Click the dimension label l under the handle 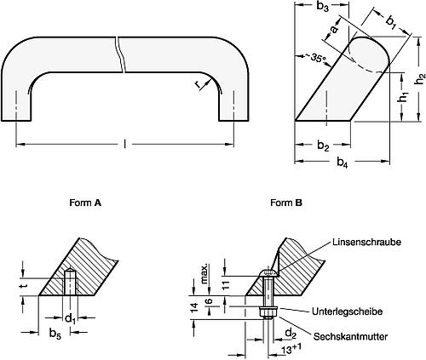point(125,146)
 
